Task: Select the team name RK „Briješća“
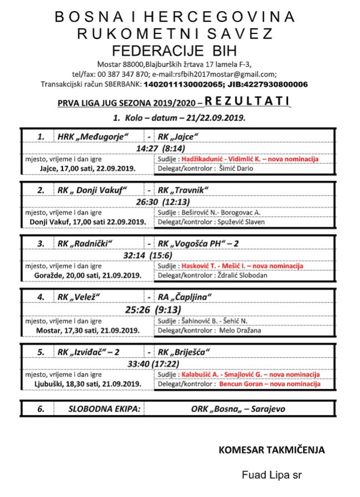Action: pos(184,352)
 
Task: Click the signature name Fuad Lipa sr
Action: pos(272,475)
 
